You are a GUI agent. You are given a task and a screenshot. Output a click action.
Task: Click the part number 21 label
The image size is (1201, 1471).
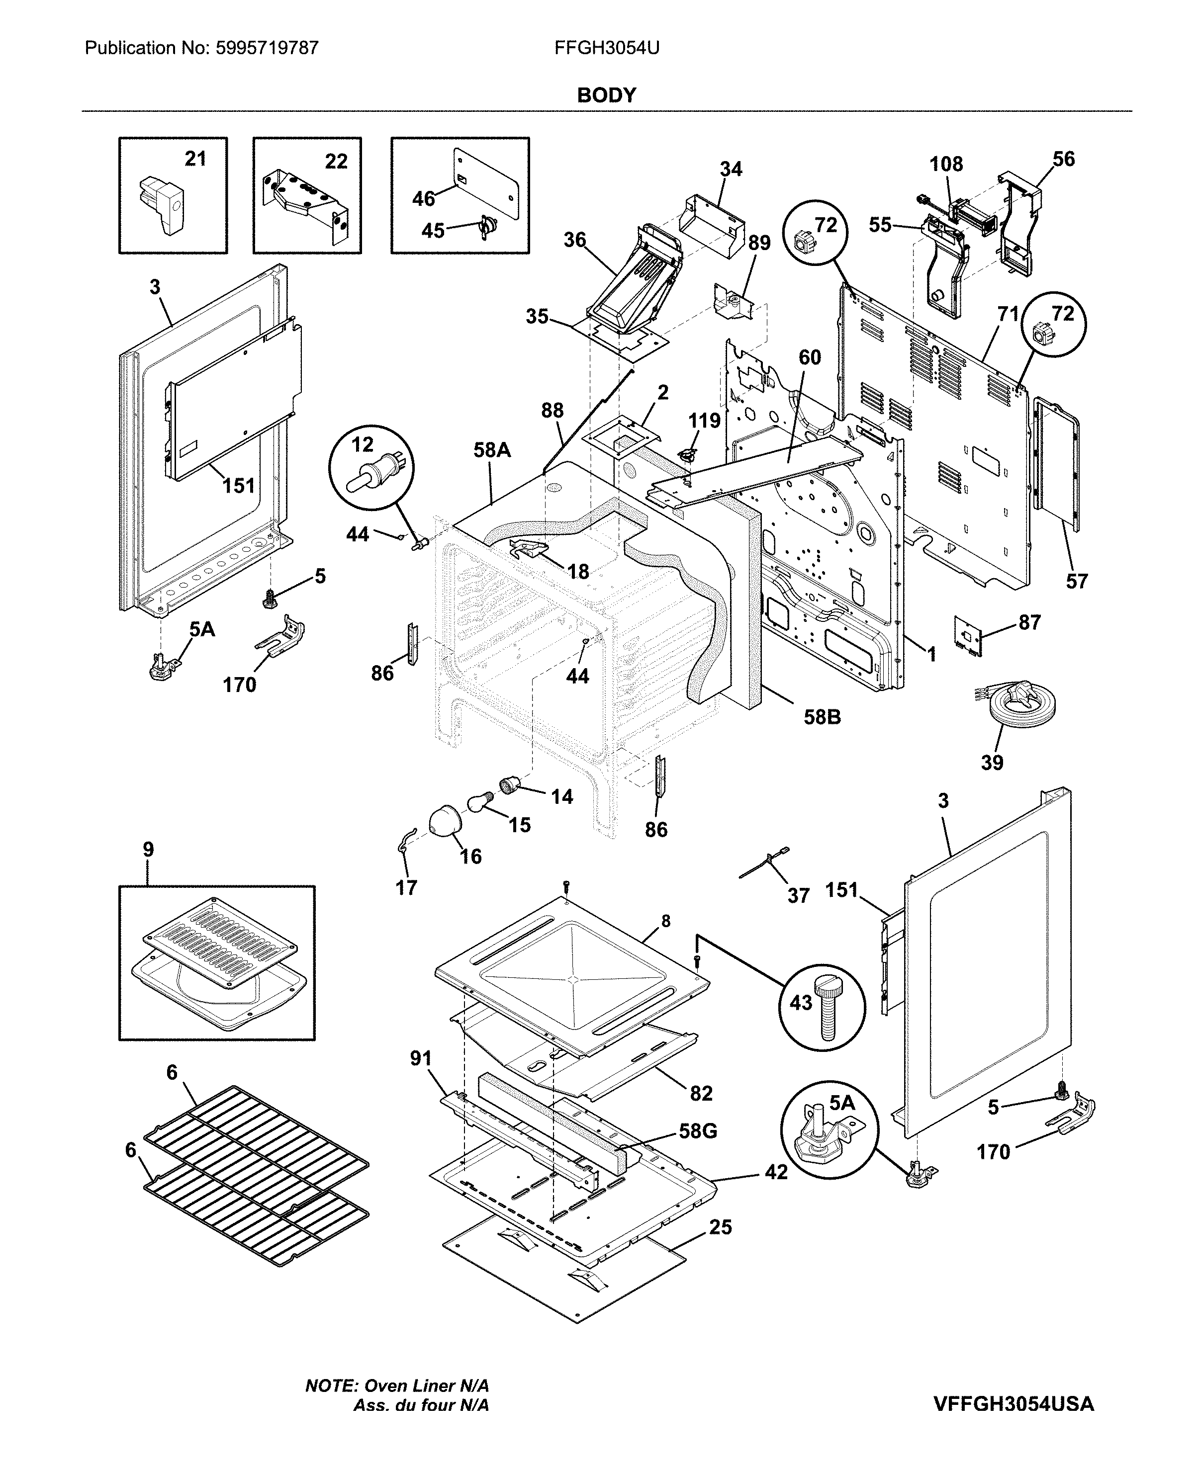pos(195,159)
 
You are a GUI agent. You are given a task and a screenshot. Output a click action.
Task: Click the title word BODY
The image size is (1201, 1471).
pos(606,95)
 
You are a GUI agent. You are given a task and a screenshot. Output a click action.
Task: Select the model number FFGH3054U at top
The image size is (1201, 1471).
pos(606,48)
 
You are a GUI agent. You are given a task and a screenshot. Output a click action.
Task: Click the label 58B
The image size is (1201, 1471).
pos(822,717)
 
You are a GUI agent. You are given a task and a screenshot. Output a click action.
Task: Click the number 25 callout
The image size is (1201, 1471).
pos(720,1227)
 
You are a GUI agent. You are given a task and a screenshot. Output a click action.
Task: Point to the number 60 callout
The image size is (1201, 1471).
pos(810,357)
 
